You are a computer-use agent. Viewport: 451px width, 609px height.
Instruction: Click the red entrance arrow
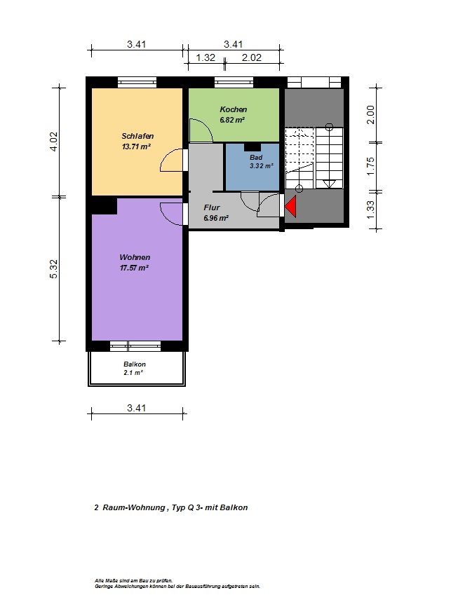[x=291, y=206]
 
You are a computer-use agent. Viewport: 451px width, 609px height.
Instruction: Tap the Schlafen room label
[x=137, y=136]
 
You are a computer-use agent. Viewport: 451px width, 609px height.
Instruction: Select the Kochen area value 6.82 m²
[x=232, y=120]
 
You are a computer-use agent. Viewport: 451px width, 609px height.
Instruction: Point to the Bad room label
[x=256, y=157]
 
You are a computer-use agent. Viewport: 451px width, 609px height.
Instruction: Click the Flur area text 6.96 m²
[x=216, y=218]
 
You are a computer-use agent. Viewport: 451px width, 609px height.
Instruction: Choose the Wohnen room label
[x=135, y=257]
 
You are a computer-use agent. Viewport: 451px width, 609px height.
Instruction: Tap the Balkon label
[x=135, y=364]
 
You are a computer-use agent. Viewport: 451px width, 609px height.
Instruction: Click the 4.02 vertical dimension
[x=53, y=142]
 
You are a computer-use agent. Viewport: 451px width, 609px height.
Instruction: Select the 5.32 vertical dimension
[x=53, y=269]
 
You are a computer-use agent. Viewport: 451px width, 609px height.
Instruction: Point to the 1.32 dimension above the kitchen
[x=206, y=58]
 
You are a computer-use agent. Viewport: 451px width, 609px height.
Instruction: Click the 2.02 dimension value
[x=252, y=58]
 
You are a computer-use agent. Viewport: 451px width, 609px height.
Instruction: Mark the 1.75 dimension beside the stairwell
[x=370, y=166]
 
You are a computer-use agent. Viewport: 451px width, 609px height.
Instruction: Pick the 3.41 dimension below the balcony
[x=137, y=408]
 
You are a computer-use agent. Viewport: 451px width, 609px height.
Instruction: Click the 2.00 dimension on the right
[x=370, y=114]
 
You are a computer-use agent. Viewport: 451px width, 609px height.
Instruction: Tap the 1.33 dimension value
[x=370, y=210]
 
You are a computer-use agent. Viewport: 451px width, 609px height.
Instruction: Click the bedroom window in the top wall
[x=137, y=82]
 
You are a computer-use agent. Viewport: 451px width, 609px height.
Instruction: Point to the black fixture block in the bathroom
[x=253, y=147]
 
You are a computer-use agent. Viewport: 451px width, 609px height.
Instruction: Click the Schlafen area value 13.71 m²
[x=136, y=146]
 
